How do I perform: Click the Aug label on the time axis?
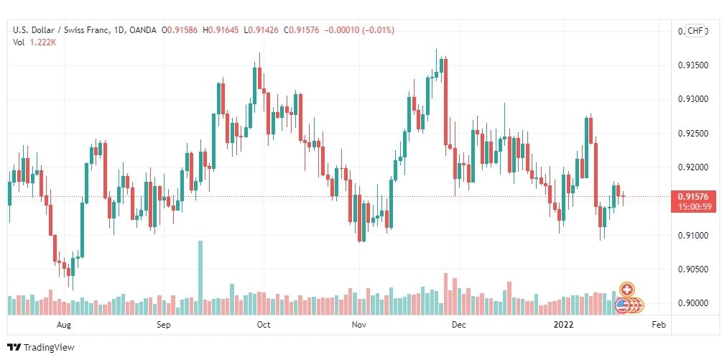[x=64, y=325]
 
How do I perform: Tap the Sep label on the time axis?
[x=163, y=325]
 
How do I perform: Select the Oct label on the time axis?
[x=263, y=325]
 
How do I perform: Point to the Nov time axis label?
[x=360, y=325]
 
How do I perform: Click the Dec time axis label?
[x=459, y=325]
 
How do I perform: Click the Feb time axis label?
[x=658, y=325]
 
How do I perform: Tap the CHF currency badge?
[x=695, y=31]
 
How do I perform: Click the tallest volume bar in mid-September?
[x=200, y=277]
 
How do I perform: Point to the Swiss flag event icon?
[x=626, y=289]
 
